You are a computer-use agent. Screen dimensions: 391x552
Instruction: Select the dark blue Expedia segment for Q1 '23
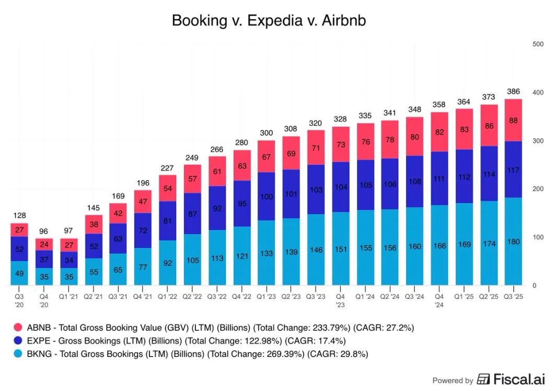pyautogui.click(x=267, y=196)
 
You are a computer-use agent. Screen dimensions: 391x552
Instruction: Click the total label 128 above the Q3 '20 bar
pyautogui.click(x=19, y=216)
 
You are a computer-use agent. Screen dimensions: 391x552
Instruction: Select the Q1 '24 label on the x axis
pyautogui.click(x=365, y=296)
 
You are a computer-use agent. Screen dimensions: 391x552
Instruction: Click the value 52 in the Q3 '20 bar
pyautogui.click(x=19, y=249)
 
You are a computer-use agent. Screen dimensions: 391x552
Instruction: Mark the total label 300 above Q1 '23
pyautogui.click(x=267, y=133)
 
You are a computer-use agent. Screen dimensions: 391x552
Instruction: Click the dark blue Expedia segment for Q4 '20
pyautogui.click(x=43, y=259)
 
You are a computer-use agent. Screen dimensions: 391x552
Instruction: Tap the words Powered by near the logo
pyautogui.click(x=453, y=381)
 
